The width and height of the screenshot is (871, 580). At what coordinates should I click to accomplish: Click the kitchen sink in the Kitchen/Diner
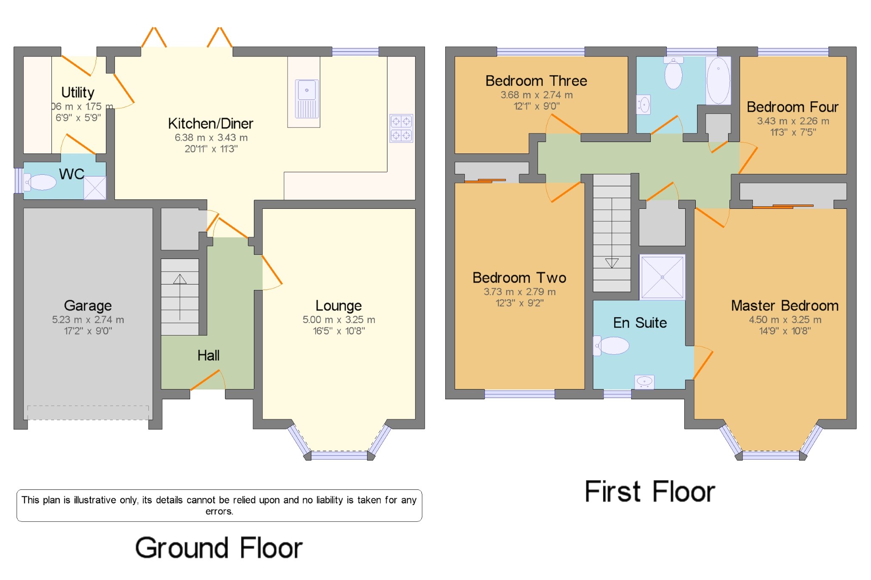(307, 99)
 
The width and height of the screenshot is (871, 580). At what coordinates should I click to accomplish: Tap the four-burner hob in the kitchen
(401, 128)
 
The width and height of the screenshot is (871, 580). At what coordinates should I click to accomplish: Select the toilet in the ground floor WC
(40, 182)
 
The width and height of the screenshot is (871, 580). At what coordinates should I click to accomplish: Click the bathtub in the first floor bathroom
(718, 80)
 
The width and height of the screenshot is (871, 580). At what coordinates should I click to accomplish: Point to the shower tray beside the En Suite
(662, 277)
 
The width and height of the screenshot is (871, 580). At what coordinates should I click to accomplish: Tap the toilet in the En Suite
(611, 345)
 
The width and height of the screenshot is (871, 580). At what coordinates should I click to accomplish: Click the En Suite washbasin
(644, 382)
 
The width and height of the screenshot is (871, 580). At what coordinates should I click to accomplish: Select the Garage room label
(88, 305)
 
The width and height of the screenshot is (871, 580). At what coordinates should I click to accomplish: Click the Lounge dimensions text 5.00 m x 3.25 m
(339, 320)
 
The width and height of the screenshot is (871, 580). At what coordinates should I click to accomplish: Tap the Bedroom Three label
(536, 81)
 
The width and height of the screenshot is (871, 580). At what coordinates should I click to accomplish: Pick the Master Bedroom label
(785, 305)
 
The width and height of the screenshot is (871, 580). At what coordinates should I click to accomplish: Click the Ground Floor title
(219, 548)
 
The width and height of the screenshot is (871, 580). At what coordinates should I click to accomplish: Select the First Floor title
(650, 492)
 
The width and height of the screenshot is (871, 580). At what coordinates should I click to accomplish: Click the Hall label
(208, 355)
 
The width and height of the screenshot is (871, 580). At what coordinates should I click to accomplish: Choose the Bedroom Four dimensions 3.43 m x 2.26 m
(793, 121)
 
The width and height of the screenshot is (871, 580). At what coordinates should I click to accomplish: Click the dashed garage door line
(88, 406)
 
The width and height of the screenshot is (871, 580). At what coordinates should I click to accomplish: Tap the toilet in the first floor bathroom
(673, 73)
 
